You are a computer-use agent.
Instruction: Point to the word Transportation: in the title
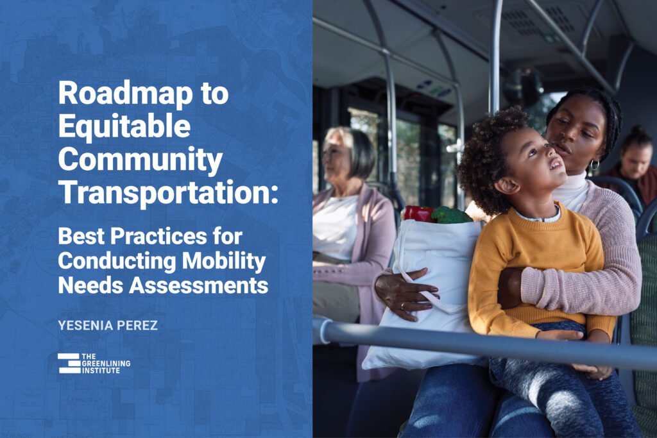pyautogui.click(x=168, y=192)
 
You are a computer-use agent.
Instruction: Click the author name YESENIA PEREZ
pyautogui.click(x=108, y=326)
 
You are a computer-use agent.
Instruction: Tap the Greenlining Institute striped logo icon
pyautogui.click(x=69, y=363)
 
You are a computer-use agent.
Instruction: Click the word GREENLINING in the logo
pyautogui.click(x=107, y=363)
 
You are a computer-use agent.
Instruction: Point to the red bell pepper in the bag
pyautogui.click(x=417, y=214)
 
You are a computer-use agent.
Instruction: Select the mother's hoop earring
pyautogui.click(x=594, y=165)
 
